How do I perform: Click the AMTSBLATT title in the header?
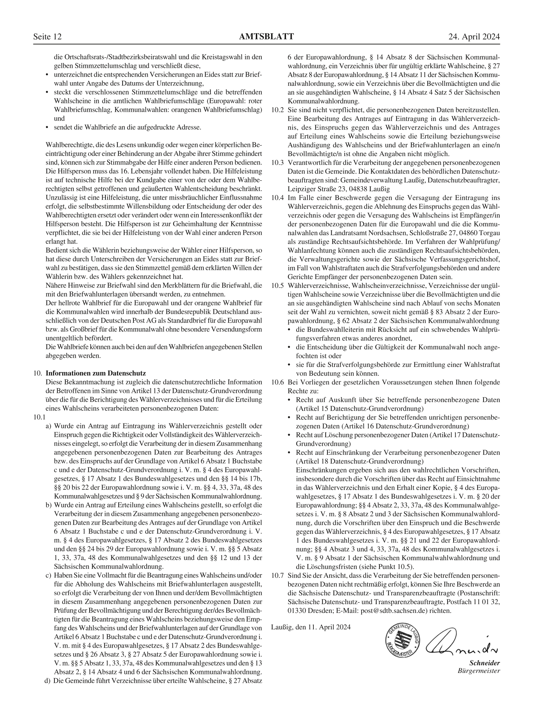(266, 37)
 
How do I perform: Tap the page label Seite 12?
(47, 37)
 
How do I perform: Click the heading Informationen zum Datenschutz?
(96, 373)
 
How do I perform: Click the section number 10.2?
(277, 110)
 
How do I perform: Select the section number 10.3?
(277, 163)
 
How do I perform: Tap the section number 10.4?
(277, 198)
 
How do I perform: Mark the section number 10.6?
(277, 382)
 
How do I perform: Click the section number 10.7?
(277, 575)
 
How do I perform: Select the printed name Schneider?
(485, 663)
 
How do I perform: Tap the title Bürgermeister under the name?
(479, 671)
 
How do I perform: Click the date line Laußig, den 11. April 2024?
(311, 627)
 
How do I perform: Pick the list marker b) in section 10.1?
(48, 505)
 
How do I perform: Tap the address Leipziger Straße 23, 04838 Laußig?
(339, 189)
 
